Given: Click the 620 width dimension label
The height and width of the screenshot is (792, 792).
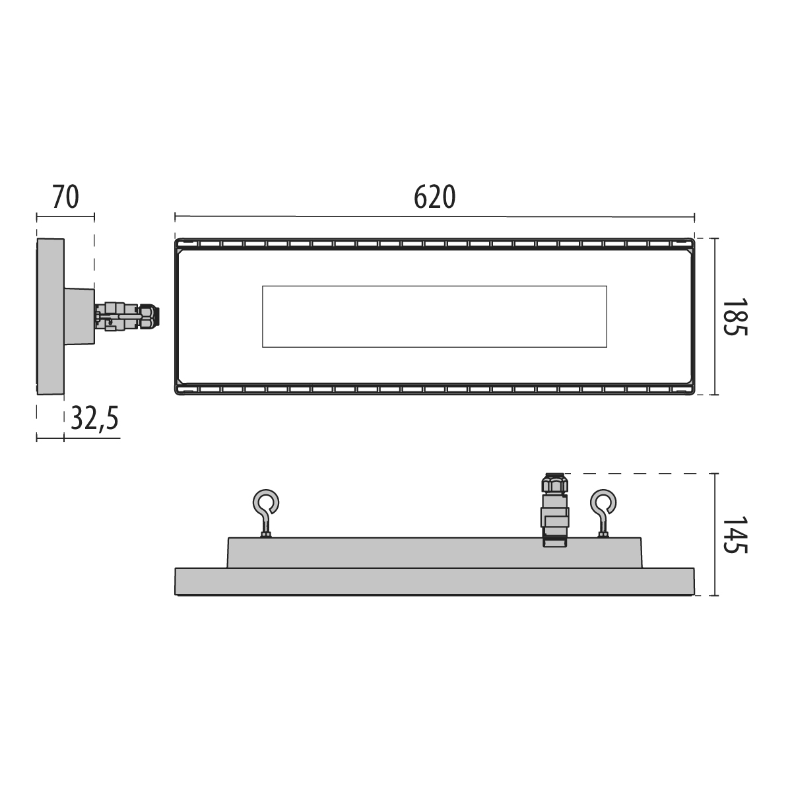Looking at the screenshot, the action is (x=434, y=197).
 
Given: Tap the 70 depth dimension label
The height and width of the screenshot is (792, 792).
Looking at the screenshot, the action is (x=65, y=197).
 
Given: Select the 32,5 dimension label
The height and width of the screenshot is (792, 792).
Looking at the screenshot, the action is (x=94, y=418).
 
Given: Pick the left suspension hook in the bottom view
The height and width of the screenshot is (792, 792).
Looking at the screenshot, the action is (x=265, y=513).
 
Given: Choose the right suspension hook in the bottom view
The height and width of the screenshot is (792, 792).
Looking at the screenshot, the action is (x=603, y=513).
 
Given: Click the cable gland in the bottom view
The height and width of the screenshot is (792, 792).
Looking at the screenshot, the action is (x=554, y=510).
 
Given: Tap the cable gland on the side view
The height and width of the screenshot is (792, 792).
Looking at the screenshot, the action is (x=127, y=316).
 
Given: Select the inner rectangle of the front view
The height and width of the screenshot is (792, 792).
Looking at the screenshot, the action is (x=434, y=317).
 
